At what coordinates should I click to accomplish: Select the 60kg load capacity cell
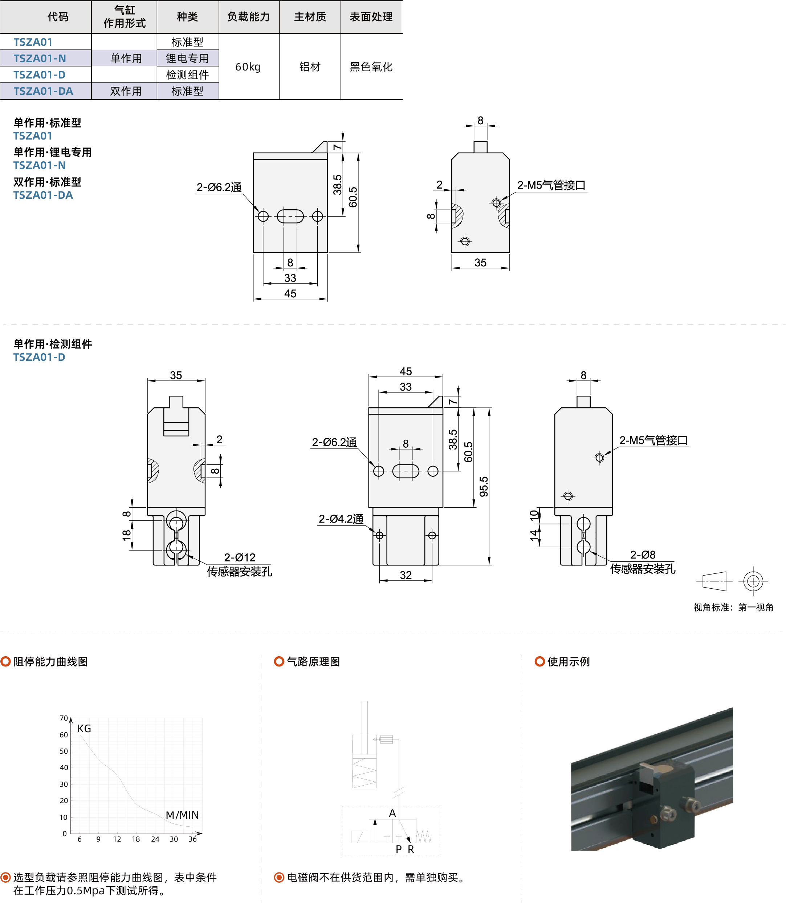[x=248, y=67]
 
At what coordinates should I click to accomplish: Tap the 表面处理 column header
[x=371, y=17]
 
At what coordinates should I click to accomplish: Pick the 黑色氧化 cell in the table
[x=371, y=67]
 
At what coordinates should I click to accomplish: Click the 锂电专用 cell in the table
[x=187, y=59]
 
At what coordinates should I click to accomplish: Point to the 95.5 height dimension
[x=483, y=487]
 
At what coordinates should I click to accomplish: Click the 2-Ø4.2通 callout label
[x=341, y=519]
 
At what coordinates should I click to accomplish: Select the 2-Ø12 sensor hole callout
[x=240, y=557]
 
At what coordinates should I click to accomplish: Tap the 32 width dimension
[x=406, y=575]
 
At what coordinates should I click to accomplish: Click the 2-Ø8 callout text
[x=643, y=555]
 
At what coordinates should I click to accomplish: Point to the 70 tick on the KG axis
[x=64, y=718]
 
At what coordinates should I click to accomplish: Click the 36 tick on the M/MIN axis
[x=192, y=839]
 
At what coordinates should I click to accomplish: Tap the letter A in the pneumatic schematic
[x=392, y=814]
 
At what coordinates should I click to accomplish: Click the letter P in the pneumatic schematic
[x=399, y=850]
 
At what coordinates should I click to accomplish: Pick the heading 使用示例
[x=569, y=662]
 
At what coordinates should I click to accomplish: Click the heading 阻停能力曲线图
[x=50, y=662]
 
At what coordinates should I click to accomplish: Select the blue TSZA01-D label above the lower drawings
[x=39, y=357]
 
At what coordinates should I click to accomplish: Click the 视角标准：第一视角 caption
[x=733, y=607]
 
